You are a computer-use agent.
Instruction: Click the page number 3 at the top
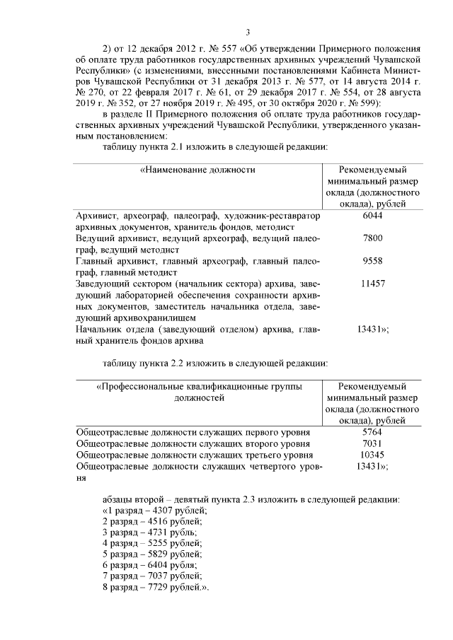[x=248, y=32]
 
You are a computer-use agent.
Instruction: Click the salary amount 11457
[x=372, y=283]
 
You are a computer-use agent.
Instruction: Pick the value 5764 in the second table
[x=372, y=431]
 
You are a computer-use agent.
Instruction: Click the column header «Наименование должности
[x=197, y=170]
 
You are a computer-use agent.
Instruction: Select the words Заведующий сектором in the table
[x=118, y=283]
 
